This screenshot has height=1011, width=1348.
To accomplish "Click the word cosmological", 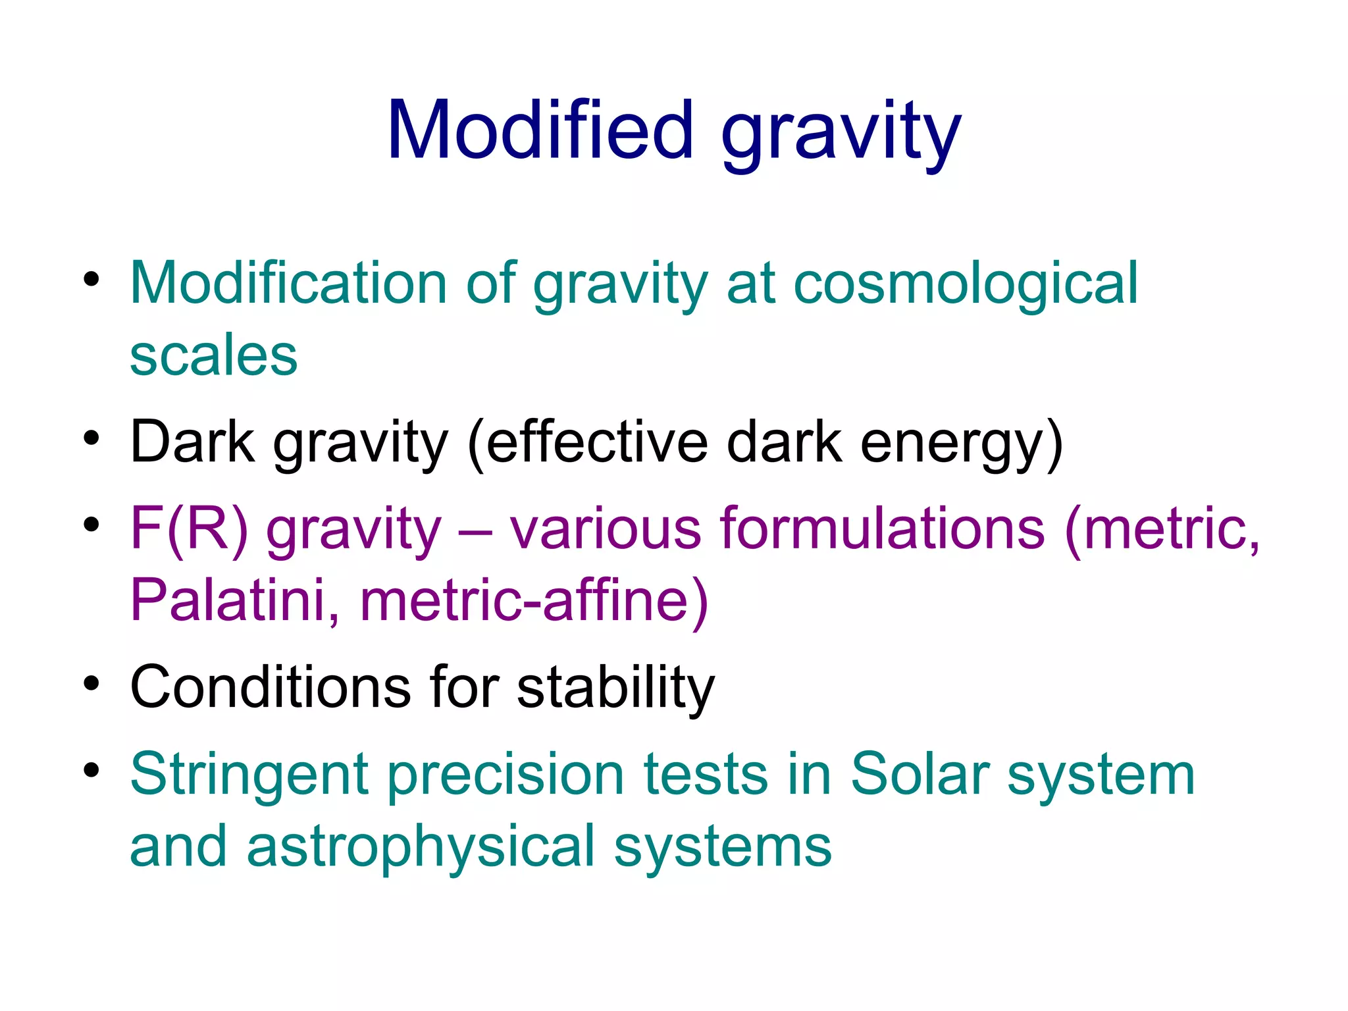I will coord(966,284).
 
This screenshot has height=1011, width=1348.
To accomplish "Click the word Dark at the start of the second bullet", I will coord(192,442).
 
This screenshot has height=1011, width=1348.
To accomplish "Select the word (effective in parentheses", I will coord(587,443).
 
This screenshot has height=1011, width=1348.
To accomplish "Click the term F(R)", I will coord(189,528).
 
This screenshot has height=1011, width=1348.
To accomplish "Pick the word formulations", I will coord(882,528).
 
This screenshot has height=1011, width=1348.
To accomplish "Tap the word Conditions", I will coord(271,687).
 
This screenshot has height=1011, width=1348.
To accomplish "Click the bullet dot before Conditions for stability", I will coord(91,683).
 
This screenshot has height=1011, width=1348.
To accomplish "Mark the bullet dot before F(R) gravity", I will coord(91,525).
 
